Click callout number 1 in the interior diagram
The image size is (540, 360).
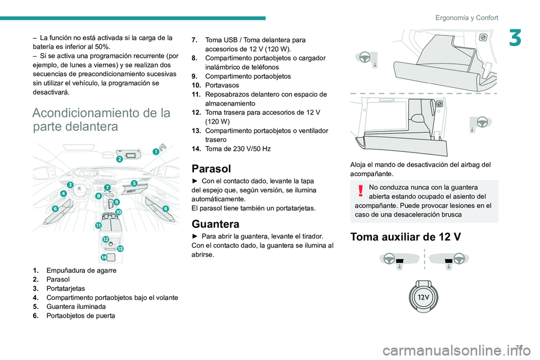(x=156, y=151)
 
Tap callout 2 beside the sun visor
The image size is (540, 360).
(x=119, y=159)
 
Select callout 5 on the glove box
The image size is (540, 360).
(x=134, y=183)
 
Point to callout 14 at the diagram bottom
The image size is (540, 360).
(x=104, y=257)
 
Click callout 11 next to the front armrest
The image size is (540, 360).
(x=98, y=225)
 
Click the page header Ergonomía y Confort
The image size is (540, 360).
(x=466, y=17)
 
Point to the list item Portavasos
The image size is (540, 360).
(x=223, y=85)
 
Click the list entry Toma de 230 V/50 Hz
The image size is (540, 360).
(x=238, y=148)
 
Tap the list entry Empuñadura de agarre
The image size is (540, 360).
(x=82, y=270)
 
